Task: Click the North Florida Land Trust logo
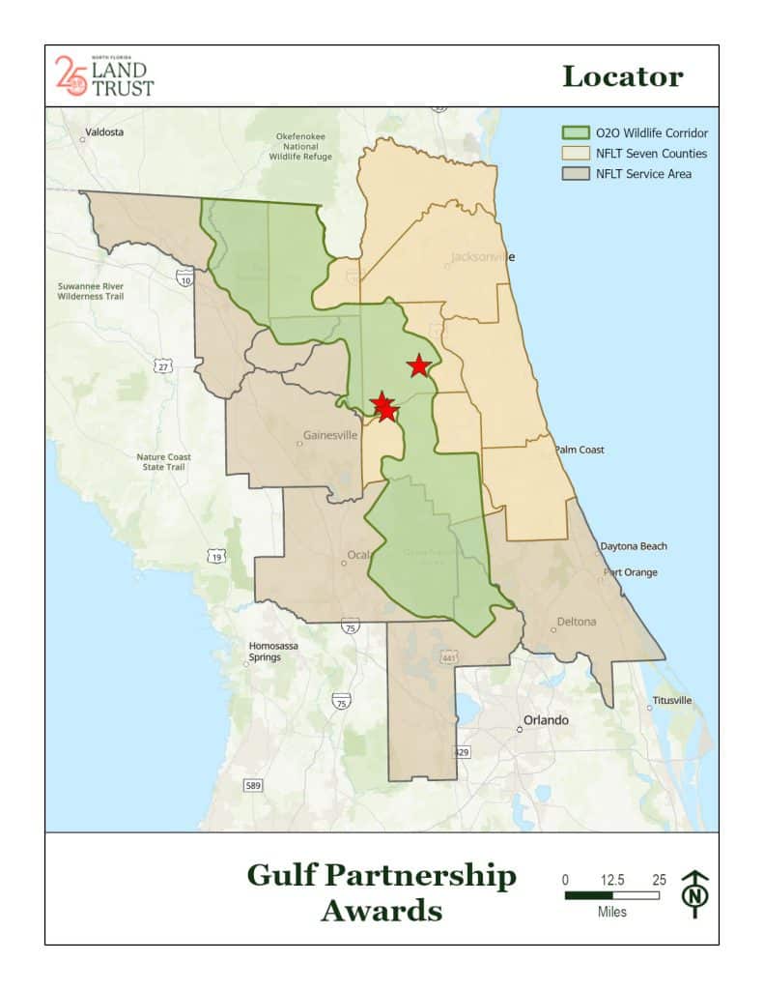pos(104,75)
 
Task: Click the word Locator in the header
pos(622,76)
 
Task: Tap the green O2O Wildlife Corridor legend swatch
pos(577,133)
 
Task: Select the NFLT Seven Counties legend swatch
pos(577,154)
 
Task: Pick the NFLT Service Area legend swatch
pos(577,174)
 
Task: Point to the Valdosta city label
pos(104,132)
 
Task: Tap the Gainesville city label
pos(330,435)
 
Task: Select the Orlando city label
pos(546,720)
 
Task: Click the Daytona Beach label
pos(634,546)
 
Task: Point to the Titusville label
pos(672,700)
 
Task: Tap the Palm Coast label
pos(580,451)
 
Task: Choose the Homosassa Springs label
pos(265,651)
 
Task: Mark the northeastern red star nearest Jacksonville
pos(418,365)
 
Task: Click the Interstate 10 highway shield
pos(184,277)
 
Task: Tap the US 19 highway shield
pos(215,557)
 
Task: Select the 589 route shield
pos(253,785)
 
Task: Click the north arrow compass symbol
pos(694,892)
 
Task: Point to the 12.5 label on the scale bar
pos(612,880)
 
